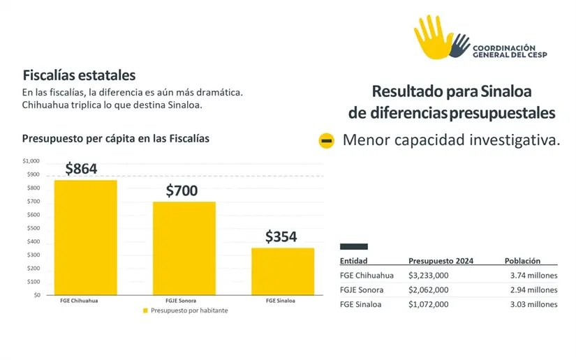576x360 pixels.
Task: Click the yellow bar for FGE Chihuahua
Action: [86, 237]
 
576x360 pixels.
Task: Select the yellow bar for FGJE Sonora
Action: [184, 248]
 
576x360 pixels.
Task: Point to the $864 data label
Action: [81, 168]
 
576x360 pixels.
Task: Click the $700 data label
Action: [182, 190]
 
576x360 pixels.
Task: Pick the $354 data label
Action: [281, 237]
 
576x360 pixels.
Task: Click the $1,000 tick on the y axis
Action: [31, 161]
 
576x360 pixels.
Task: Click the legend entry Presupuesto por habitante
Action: [185, 310]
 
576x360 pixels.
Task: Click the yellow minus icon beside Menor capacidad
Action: [326, 141]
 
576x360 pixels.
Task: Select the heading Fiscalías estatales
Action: [79, 75]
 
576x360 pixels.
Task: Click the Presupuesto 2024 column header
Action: [441, 261]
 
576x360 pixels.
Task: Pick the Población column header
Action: [522, 261]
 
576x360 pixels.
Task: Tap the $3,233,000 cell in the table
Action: [429, 276]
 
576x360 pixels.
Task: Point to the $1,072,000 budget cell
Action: [429, 304]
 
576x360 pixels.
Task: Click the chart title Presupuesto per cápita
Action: [115, 139]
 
